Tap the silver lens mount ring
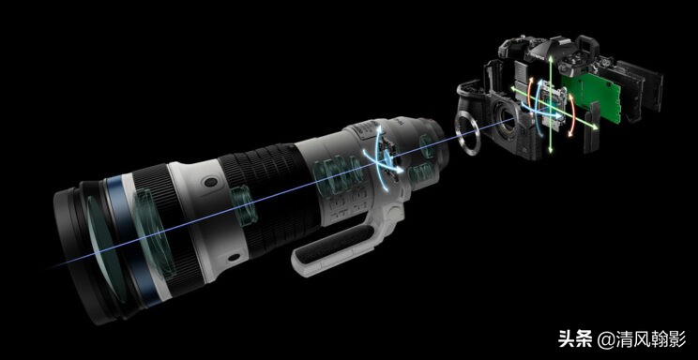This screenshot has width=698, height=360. (467, 133)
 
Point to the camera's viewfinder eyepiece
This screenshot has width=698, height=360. (588, 45)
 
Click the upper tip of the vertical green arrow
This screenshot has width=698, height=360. (551, 57)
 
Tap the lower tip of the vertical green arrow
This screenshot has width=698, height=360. (551, 152)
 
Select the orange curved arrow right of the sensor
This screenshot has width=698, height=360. (572, 114)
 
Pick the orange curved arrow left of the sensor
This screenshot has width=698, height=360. (529, 92)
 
